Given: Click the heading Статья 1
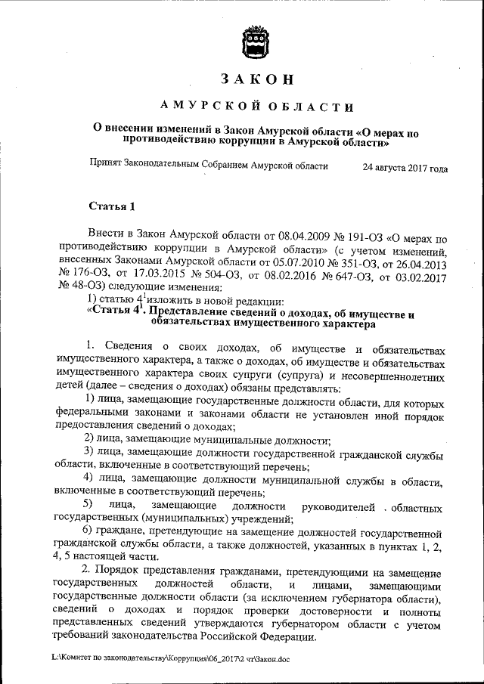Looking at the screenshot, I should [112, 206].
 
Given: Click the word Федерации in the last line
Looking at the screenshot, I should [285, 637].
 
